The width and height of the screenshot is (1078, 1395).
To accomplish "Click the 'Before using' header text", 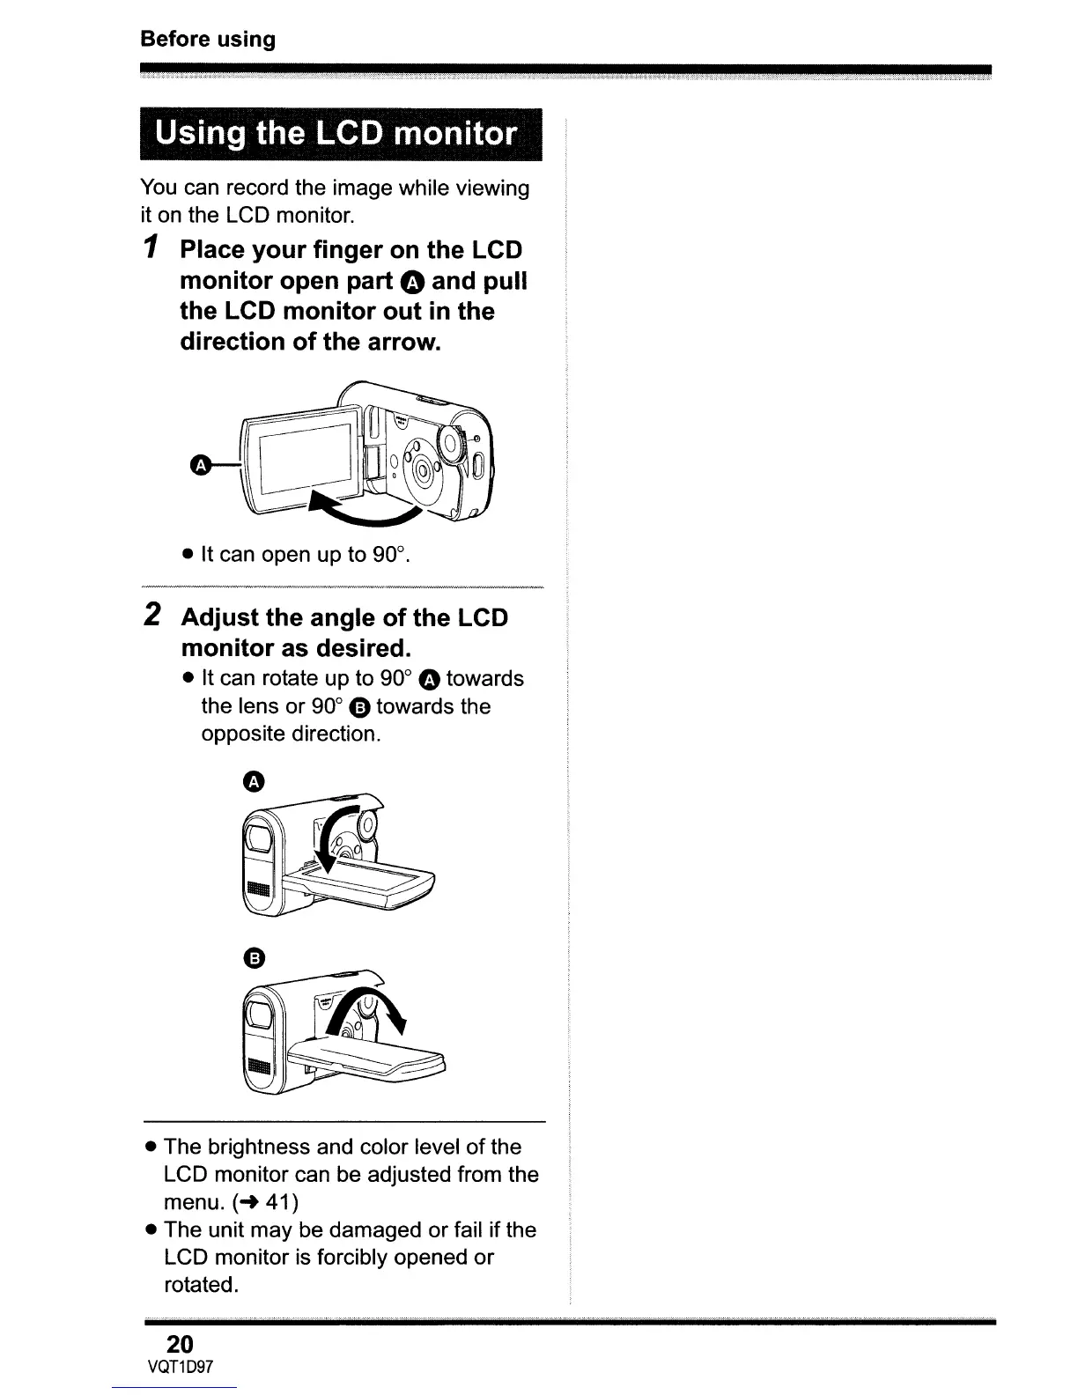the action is pos(208,40).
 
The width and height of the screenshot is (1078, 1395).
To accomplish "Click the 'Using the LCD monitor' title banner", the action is pos(339,134).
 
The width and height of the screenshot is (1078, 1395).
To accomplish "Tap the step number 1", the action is pos(152,250).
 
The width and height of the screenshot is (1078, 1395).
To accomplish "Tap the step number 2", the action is pos(152,616).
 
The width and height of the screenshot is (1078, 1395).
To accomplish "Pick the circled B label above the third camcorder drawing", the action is pos(253,957).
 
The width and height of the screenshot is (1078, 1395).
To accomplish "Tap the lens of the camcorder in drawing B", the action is pos(262,1014).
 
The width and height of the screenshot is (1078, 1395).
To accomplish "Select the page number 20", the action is pos(180,1344).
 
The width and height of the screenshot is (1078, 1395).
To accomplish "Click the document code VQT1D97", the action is pos(181,1367).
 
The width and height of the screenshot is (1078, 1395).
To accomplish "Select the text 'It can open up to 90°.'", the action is pos(306,555).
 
